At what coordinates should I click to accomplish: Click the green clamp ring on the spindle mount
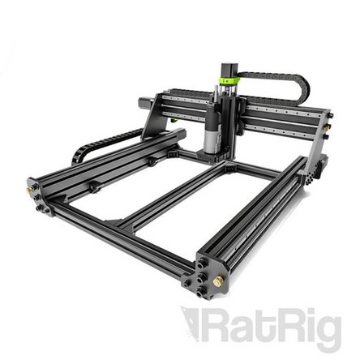[229, 81]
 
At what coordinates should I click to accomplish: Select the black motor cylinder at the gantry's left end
[147, 103]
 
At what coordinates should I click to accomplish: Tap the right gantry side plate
[319, 138]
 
